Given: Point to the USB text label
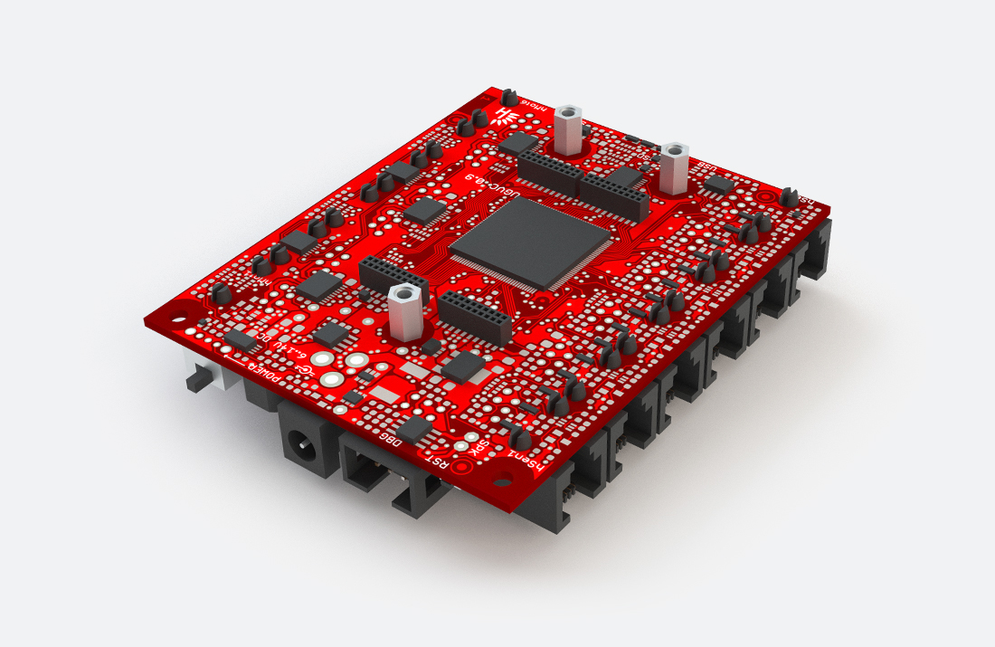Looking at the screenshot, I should tap(706, 168).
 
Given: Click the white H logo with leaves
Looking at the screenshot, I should tap(504, 115).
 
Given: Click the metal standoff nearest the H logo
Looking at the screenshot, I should tap(567, 129).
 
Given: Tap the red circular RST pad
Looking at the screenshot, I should tap(462, 466).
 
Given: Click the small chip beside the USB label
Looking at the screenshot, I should tap(719, 185).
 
